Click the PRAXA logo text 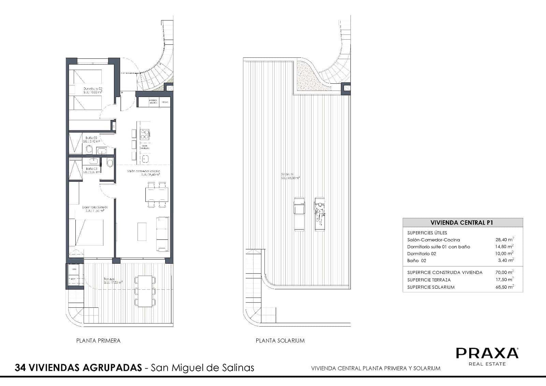(487, 353)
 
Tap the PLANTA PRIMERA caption (98, 341)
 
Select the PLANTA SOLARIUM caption (280, 341)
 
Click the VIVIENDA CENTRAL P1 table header (462, 223)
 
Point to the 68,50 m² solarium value (504, 287)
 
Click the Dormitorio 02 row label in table (421, 254)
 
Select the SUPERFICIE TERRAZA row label (429, 280)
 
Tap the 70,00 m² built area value (504, 273)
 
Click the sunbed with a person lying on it (320, 214)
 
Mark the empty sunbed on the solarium (299, 214)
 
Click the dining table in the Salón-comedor (157, 195)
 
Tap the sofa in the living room (162, 234)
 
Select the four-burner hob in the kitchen (145, 134)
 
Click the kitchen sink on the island (145, 159)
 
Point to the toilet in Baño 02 (89, 150)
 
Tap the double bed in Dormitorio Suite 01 (86, 233)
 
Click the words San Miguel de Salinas (203, 368)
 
